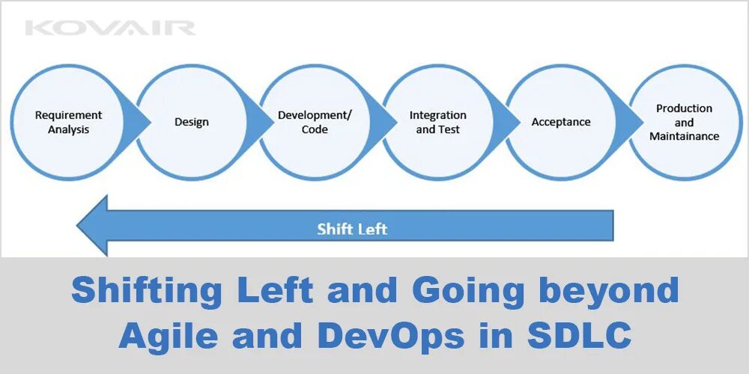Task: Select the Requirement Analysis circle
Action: tap(69, 122)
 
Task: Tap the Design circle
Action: tap(192, 122)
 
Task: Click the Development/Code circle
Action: tap(315, 122)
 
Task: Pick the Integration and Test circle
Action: tap(438, 122)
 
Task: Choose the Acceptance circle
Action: tap(561, 122)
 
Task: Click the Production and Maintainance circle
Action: tap(684, 122)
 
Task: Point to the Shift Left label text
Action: tap(352, 228)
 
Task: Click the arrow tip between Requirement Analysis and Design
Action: tap(149, 122)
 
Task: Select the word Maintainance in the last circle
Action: tap(684, 136)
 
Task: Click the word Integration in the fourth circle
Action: tap(438, 115)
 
